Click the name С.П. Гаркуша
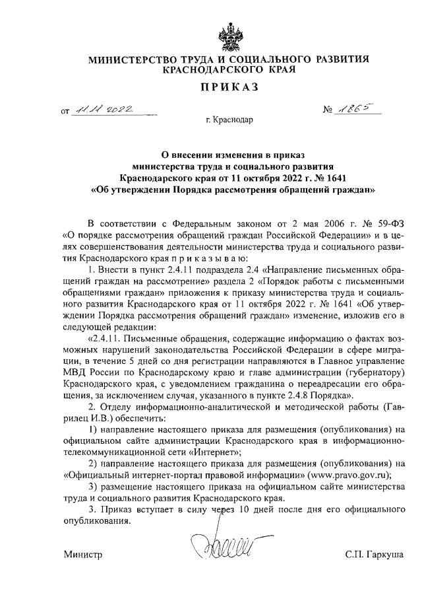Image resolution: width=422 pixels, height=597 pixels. [x=373, y=554]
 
